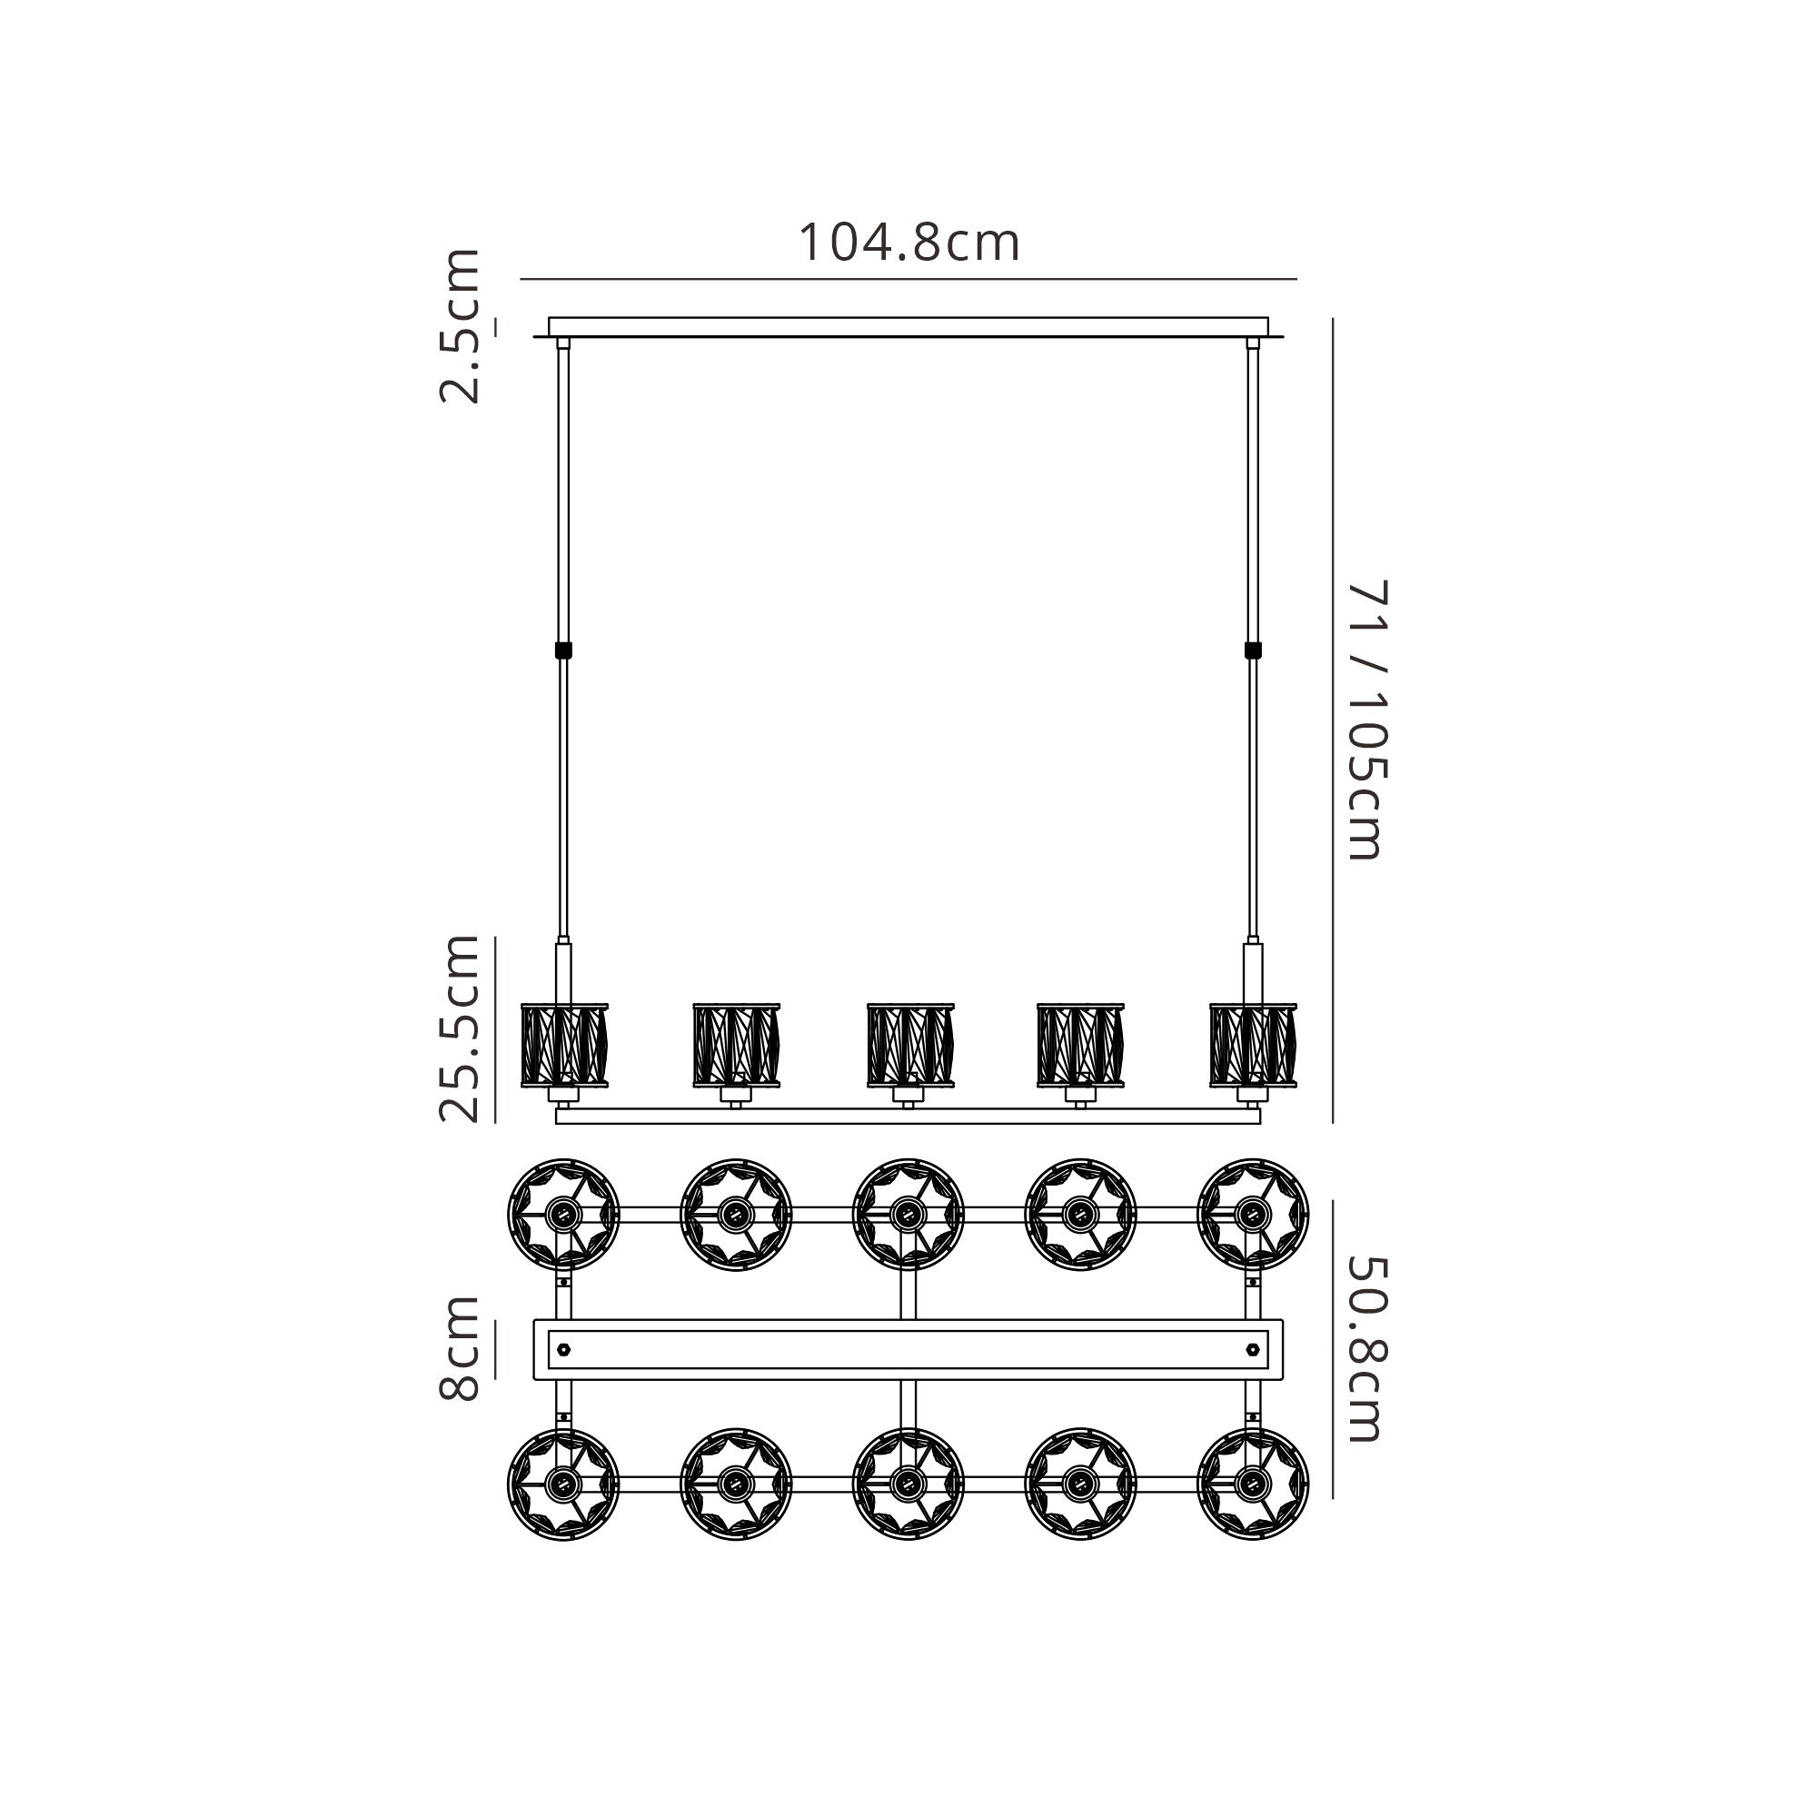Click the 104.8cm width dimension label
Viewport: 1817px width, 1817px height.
(908, 243)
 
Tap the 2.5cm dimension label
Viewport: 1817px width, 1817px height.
(460, 325)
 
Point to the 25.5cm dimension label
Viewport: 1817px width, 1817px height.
(460, 1029)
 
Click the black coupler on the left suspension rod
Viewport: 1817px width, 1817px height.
(564, 649)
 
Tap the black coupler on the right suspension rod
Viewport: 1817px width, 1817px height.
(1253, 649)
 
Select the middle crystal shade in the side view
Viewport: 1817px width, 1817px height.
(909, 1045)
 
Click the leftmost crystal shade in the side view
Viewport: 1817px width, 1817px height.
(564, 1045)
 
